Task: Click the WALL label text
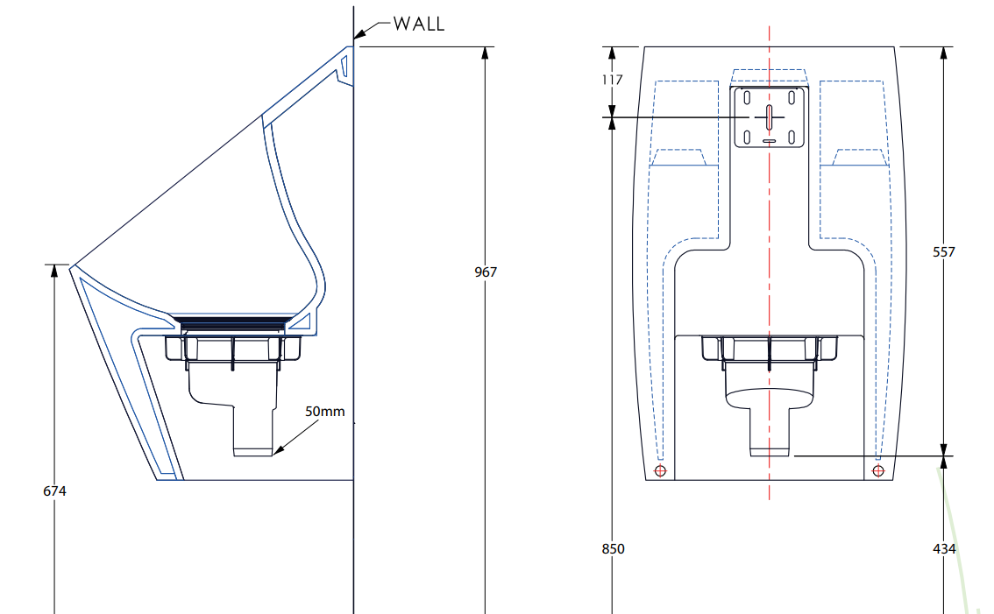(x=419, y=24)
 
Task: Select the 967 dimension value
(x=486, y=272)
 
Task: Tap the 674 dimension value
(x=54, y=490)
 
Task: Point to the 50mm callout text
(x=324, y=412)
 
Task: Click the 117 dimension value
(x=613, y=80)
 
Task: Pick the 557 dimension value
(x=943, y=251)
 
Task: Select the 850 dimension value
(x=613, y=548)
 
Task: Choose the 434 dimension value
(x=944, y=548)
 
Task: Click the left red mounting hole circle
(x=661, y=471)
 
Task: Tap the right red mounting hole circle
(x=878, y=471)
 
